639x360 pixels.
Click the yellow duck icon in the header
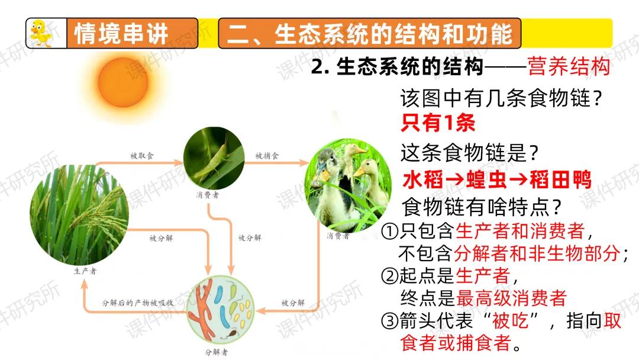click(x=40, y=33)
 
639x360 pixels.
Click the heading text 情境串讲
click(x=121, y=33)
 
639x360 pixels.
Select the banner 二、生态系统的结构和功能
click(x=370, y=33)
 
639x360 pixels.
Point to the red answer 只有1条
click(x=438, y=123)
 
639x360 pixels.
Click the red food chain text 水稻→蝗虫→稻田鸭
click(x=497, y=179)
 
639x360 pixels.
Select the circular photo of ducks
click(x=348, y=184)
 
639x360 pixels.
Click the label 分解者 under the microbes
click(x=217, y=352)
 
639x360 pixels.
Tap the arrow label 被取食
click(x=142, y=156)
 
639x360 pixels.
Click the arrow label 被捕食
click(x=267, y=156)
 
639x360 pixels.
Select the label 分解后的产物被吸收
click(x=137, y=302)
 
